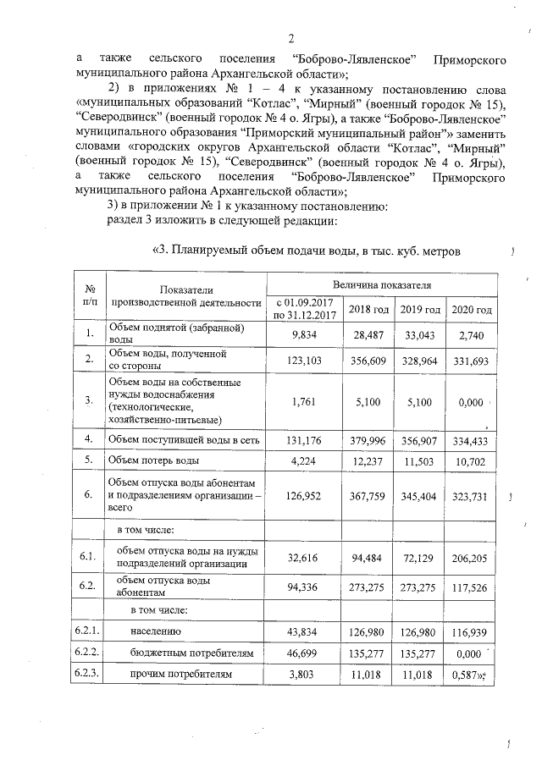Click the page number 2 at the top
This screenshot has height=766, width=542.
point(290,39)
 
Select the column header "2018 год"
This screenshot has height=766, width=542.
point(368,309)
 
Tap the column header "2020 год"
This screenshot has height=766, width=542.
point(472,309)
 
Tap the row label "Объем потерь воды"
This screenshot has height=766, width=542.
point(153,460)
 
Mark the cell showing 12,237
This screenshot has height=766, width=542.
point(368,460)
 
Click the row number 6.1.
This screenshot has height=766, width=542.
point(86,557)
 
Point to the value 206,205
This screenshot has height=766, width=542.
point(472,557)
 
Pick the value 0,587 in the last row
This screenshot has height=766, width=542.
point(467,675)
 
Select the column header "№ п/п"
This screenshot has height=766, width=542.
point(86,295)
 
